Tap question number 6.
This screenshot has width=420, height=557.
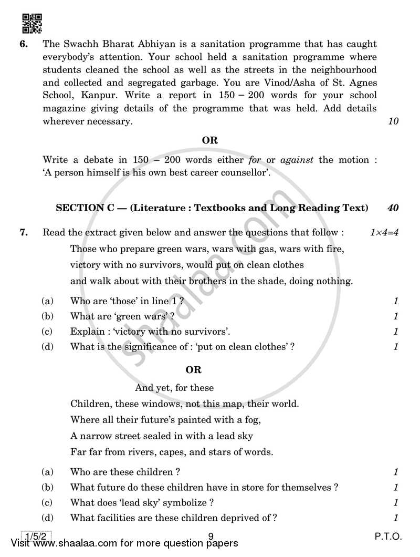click(24, 44)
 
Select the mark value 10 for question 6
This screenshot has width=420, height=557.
click(393, 121)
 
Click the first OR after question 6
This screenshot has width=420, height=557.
click(210, 140)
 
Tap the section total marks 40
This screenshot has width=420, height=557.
click(393, 208)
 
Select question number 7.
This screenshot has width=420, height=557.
click(24, 232)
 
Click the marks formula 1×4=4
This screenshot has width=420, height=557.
click(384, 232)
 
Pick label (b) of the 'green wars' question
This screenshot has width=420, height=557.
click(48, 316)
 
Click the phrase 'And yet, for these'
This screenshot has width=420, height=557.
click(174, 388)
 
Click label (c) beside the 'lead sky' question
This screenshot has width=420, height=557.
click(48, 502)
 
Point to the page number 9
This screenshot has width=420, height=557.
click(210, 537)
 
